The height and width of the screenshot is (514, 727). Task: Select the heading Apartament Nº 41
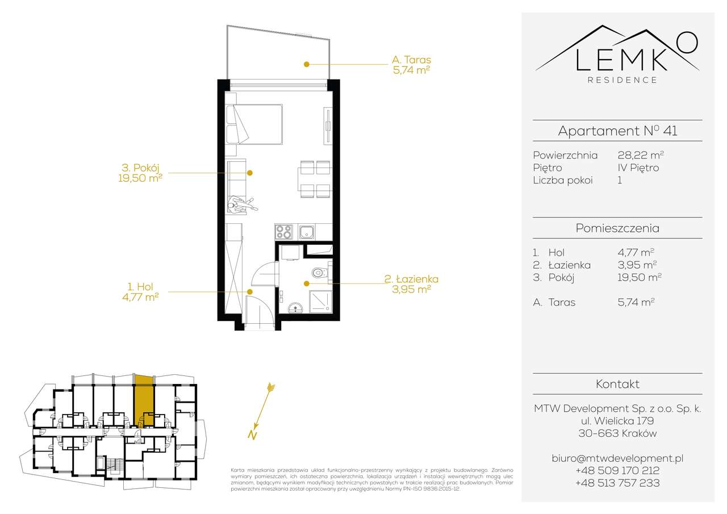[617, 131]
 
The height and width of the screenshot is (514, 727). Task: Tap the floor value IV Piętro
[638, 168]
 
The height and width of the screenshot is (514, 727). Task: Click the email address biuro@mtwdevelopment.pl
[617, 458]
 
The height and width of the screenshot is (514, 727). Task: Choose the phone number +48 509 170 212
[617, 470]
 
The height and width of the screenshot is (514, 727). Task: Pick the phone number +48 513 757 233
[617, 483]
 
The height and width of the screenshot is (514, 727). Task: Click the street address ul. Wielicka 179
[617, 421]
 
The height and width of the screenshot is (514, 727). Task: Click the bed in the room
[258, 123]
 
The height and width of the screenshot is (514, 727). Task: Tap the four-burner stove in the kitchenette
[283, 232]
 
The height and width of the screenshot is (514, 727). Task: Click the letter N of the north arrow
[250, 436]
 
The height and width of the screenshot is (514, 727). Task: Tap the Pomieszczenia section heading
[617, 228]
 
